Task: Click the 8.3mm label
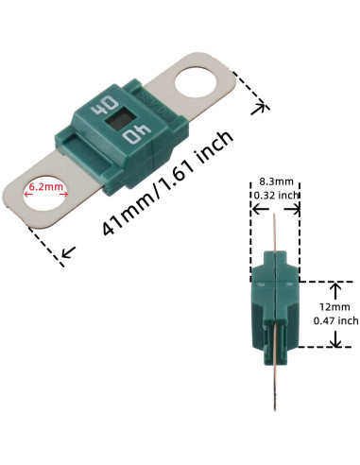point(275,181)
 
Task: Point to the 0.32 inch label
point(275,196)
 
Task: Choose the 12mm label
point(334,307)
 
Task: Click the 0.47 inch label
point(334,321)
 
